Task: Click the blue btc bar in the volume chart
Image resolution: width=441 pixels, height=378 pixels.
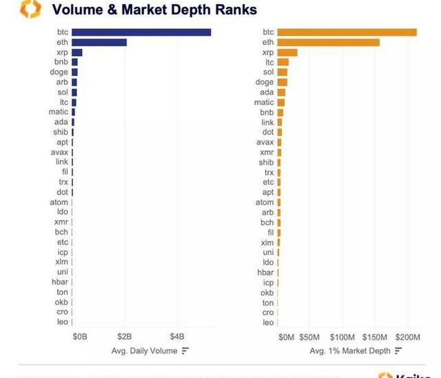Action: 141,32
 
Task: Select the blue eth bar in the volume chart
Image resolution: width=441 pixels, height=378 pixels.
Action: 99,42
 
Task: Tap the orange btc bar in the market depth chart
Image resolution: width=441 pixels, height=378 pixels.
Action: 347,32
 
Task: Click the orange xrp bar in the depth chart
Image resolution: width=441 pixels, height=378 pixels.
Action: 287,52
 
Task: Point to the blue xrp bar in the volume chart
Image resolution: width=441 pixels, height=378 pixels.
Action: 76,52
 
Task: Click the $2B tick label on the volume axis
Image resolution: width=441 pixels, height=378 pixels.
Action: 125,337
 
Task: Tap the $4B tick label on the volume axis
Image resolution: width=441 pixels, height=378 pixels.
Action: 178,337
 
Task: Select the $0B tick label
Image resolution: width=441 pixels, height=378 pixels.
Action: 80,337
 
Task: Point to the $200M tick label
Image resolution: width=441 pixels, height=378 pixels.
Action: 407,337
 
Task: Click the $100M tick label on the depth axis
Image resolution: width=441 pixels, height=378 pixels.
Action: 342,337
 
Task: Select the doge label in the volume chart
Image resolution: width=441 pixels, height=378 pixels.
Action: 59,72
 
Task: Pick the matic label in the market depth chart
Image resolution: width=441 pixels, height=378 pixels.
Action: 264,102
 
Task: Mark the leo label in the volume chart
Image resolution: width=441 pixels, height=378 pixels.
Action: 62,322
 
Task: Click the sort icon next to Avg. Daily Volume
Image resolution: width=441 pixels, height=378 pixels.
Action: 185,351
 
